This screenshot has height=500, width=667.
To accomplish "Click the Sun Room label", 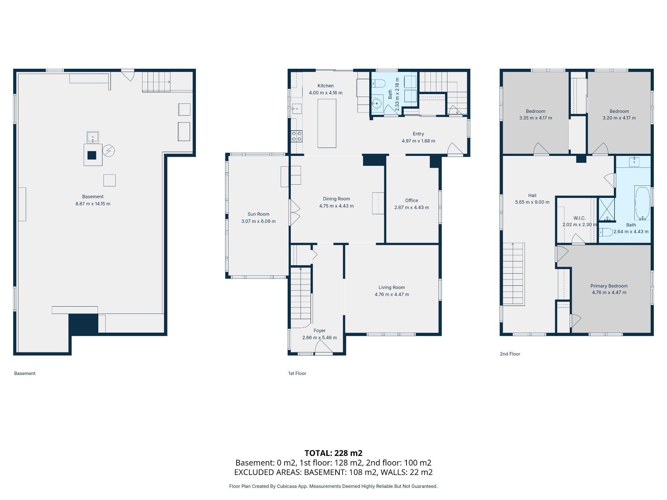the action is click(x=258, y=214).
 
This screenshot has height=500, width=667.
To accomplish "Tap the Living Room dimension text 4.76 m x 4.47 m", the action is click(x=392, y=294).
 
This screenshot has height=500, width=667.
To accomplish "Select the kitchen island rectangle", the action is click(x=327, y=123).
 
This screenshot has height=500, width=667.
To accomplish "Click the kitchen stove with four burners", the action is click(x=297, y=136).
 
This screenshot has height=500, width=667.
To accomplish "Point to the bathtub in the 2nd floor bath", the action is click(x=642, y=203).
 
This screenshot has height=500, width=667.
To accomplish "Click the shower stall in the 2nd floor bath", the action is click(x=607, y=209).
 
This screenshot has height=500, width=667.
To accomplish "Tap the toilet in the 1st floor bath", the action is click(x=379, y=84).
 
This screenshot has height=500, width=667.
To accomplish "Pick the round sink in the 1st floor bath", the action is click(x=377, y=103).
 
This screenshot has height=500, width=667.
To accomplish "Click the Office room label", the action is click(x=412, y=200).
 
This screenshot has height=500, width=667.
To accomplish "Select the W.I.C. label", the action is click(x=579, y=218).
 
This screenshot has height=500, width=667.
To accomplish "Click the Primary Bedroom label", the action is click(x=609, y=286).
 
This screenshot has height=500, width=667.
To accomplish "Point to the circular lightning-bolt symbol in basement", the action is click(x=109, y=151).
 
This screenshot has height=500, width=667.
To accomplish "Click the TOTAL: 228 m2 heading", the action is click(x=333, y=453).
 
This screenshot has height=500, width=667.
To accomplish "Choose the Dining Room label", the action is click(x=336, y=199).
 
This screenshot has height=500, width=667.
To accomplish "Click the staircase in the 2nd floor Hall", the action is click(x=513, y=274).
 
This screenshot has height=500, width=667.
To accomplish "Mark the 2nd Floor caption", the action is click(x=510, y=354).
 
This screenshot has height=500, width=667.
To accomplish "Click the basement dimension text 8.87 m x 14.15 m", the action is click(x=93, y=204).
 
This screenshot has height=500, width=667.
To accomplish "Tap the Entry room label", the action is click(x=418, y=134).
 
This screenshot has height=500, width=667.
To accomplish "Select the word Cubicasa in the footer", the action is click(x=287, y=486).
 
